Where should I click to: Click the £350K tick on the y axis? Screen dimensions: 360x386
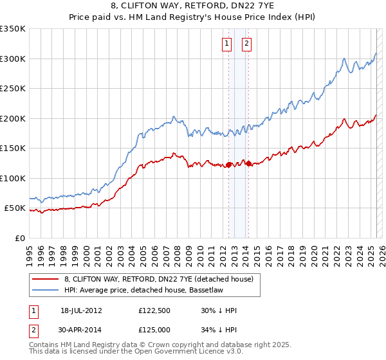tap(12, 29)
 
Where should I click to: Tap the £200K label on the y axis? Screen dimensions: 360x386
tap(12, 118)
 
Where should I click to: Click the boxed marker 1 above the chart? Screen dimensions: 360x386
tap(228, 44)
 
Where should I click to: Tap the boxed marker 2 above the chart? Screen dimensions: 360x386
tap(246, 44)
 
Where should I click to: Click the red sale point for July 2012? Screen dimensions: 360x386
tap(228, 165)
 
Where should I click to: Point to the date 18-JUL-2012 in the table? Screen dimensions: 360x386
tap(81, 310)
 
